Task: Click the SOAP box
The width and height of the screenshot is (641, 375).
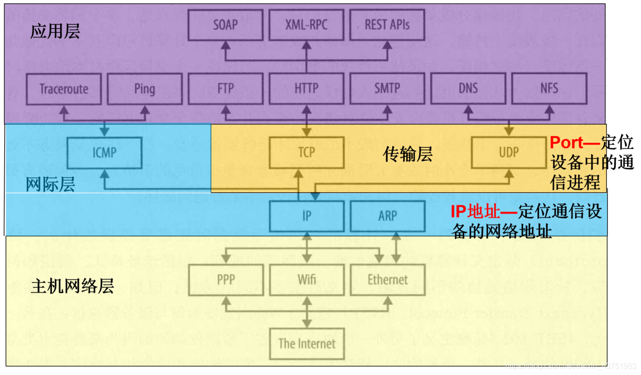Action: pos(225,25)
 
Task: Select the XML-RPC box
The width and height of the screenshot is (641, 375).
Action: pos(306,25)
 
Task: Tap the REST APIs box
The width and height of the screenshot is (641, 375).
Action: pos(387,25)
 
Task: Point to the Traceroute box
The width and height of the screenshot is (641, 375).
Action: pos(64,89)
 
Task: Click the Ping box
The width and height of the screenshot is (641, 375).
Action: pos(144,89)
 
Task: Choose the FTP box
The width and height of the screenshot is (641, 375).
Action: pos(225,89)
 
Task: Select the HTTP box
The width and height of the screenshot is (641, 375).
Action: pos(306,89)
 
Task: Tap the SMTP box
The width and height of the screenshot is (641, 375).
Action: pos(387,89)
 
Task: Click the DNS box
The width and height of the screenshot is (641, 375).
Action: pos(468,89)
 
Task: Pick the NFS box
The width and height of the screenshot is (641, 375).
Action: pos(549,89)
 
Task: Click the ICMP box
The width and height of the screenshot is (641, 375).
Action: pos(104,153)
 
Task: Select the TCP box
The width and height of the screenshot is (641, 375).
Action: pos(306,153)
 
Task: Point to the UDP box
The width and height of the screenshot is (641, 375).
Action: pos(509,153)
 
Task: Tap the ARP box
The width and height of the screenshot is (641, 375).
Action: pos(387,216)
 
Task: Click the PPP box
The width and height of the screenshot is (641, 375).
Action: pos(225,280)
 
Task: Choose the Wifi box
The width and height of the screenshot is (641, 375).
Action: pos(306,280)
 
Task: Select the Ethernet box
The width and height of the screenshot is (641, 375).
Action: pos(387,280)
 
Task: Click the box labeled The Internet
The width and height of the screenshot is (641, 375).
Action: pos(306,344)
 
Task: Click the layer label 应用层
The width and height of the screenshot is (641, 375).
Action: pos(55,32)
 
